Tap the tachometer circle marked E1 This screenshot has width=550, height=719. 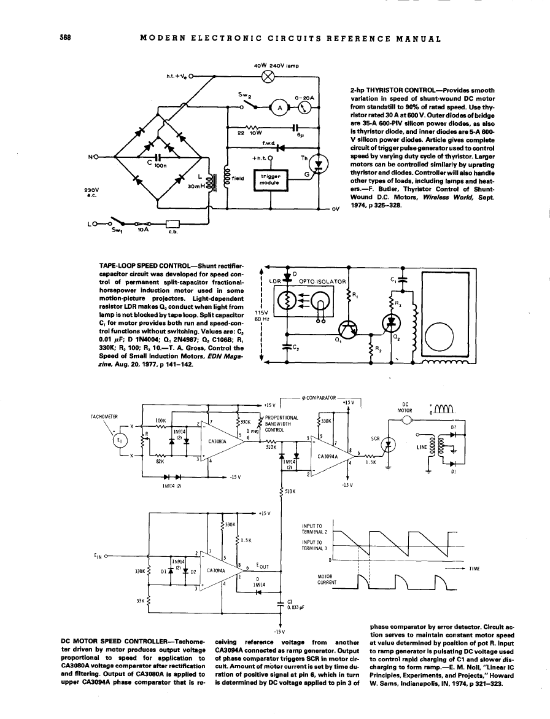[120, 441]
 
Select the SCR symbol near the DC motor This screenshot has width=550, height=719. [387, 446]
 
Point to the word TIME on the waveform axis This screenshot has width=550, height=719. [473, 569]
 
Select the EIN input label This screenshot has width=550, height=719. [99, 556]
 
